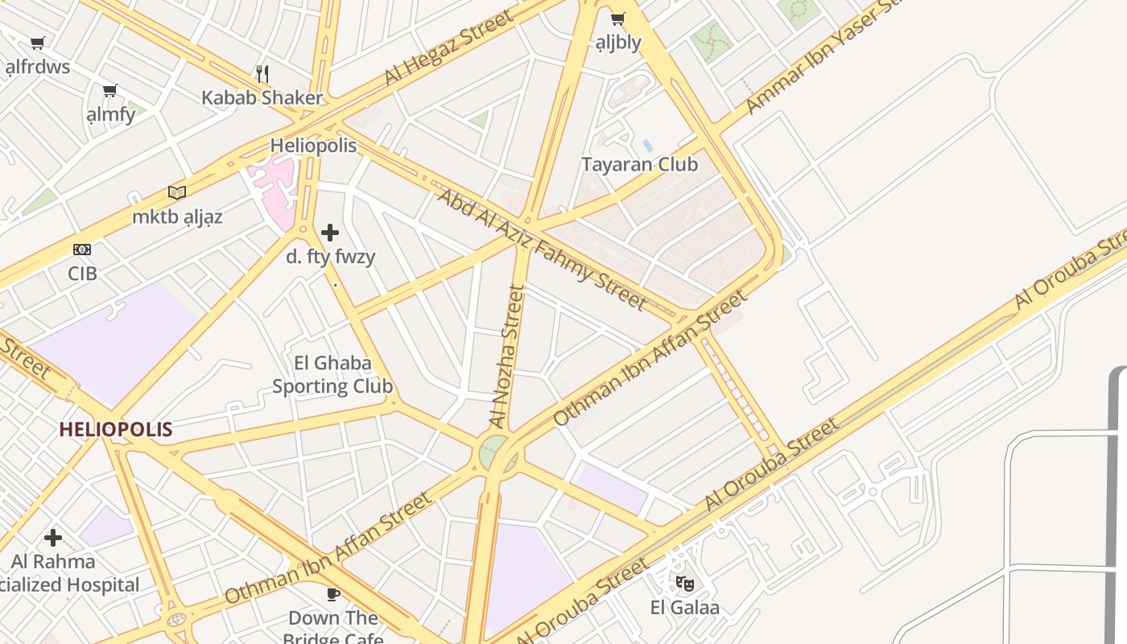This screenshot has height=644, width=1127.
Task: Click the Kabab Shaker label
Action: [262, 98]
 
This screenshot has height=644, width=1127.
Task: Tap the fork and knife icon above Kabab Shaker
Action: [262, 74]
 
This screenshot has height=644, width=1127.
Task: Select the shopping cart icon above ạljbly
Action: [617, 19]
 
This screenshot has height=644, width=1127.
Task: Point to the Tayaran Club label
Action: [639, 164]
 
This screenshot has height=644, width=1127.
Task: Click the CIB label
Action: [82, 274]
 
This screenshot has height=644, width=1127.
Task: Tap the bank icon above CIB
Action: [82, 250]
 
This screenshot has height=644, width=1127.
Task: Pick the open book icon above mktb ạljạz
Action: [177, 192]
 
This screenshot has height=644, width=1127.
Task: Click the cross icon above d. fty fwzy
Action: [330, 233]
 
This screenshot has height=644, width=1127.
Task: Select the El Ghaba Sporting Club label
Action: [332, 375]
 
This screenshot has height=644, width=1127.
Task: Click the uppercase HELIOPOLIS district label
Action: [116, 429]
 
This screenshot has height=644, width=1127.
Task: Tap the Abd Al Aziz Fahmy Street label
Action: [541, 249]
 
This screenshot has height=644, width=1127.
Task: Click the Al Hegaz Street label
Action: [448, 47]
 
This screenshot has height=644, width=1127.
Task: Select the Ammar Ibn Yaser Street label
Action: [822, 57]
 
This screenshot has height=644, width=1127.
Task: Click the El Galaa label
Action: [685, 607]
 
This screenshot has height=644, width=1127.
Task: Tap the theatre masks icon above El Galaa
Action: [685, 583]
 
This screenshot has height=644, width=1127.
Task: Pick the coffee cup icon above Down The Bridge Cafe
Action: [332, 594]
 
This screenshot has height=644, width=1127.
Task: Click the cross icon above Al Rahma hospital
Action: [53, 537]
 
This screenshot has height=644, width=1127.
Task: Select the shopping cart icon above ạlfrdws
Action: [38, 43]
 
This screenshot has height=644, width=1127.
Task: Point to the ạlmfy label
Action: [111, 114]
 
